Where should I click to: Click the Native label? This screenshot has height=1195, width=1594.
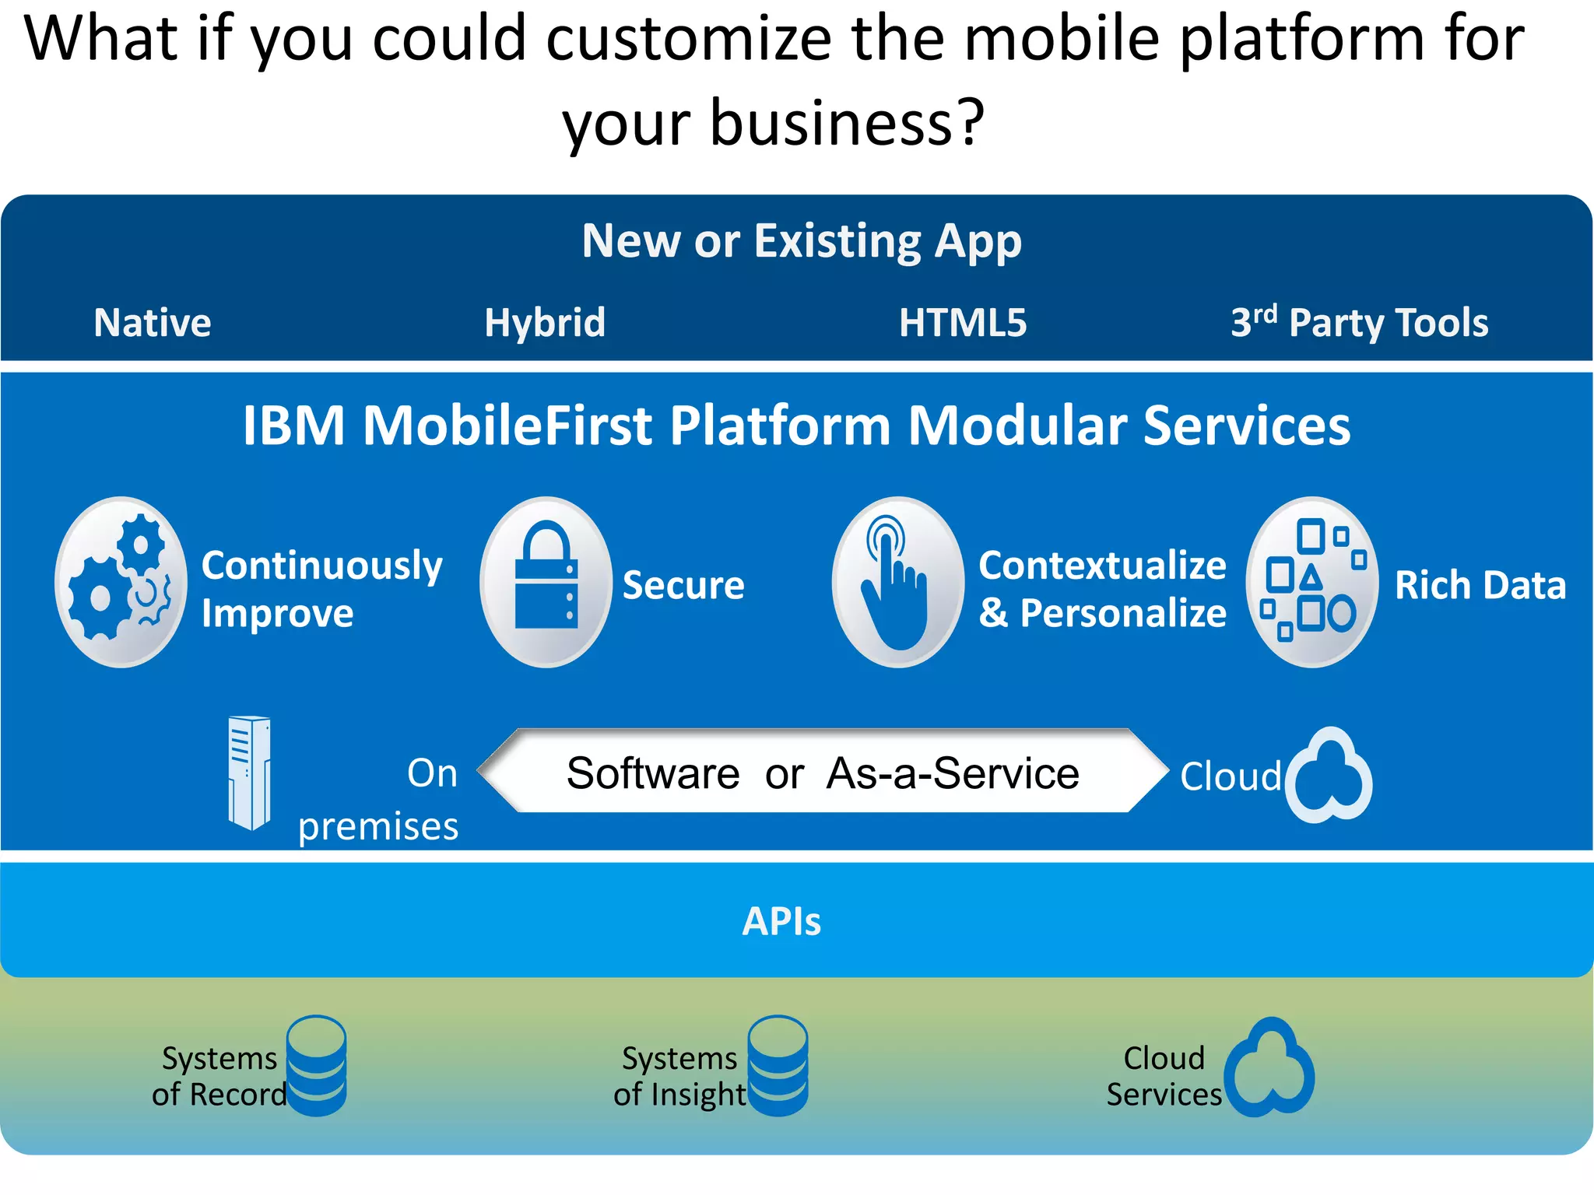(x=153, y=322)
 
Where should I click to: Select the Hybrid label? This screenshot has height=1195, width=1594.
(x=545, y=322)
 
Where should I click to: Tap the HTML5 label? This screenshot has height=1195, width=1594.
(x=963, y=322)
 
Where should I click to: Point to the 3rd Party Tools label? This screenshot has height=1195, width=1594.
(x=1359, y=322)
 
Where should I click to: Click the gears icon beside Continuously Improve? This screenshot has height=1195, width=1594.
(x=121, y=582)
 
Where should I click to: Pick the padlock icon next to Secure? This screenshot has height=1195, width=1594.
(x=546, y=582)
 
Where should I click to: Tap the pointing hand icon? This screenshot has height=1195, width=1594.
(x=897, y=582)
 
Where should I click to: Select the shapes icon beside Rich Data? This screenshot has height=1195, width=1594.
(x=1312, y=582)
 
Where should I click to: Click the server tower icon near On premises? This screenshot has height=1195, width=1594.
(x=249, y=773)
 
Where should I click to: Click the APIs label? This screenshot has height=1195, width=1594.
(x=781, y=921)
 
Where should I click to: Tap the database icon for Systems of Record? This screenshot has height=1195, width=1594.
(x=316, y=1065)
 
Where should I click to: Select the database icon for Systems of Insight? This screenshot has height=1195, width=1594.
(x=778, y=1065)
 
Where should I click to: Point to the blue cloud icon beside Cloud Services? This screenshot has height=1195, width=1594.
(x=1270, y=1067)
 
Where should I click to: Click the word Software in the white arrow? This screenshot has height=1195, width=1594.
(x=653, y=773)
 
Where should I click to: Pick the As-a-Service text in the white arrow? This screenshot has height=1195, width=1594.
(x=953, y=773)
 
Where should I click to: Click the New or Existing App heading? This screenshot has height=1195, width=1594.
(x=802, y=241)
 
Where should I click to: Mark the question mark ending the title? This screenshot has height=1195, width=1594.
(x=971, y=123)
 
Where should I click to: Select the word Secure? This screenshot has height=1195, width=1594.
(x=683, y=585)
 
